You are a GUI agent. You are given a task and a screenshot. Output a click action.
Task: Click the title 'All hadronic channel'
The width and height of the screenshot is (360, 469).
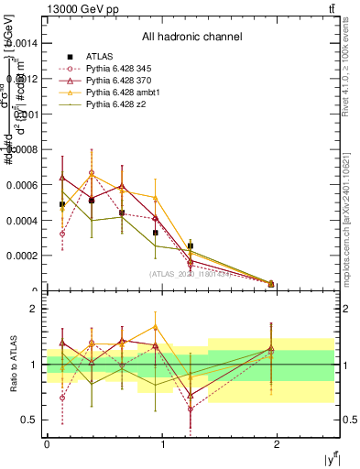191,38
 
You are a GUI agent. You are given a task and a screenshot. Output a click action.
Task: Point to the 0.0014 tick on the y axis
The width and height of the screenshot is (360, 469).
26,43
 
